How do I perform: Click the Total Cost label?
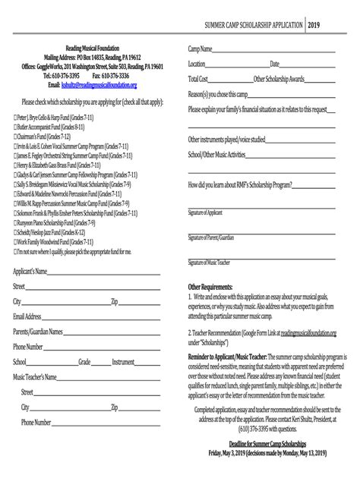[x=197, y=79]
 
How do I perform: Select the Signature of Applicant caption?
[x=205, y=212]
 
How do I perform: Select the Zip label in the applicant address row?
[x=114, y=301]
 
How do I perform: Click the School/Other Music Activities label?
[x=218, y=155]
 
